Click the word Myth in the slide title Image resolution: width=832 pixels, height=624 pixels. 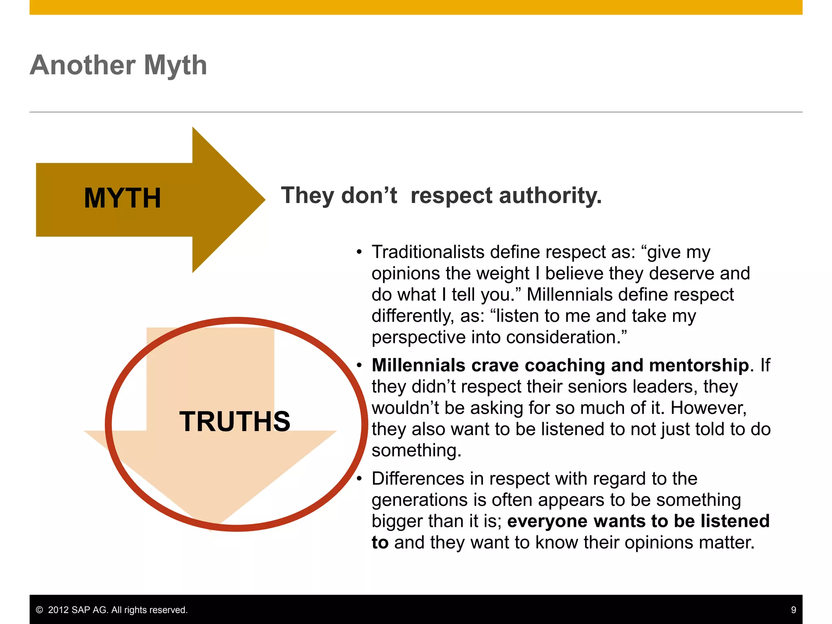point(175,66)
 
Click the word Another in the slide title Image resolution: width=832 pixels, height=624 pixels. point(82,65)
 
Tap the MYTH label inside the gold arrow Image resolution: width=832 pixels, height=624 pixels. point(122,198)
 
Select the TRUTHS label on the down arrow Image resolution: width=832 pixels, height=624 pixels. point(235,421)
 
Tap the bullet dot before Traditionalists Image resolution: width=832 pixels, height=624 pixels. point(359,252)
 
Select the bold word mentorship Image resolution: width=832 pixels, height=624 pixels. point(699,365)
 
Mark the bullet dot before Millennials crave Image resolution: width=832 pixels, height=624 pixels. point(359,365)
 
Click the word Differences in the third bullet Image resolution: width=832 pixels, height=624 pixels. point(418,479)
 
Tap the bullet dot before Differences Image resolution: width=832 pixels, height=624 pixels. point(359,479)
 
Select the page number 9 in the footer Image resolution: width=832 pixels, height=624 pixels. point(793,610)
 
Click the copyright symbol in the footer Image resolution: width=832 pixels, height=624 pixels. point(39,610)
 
